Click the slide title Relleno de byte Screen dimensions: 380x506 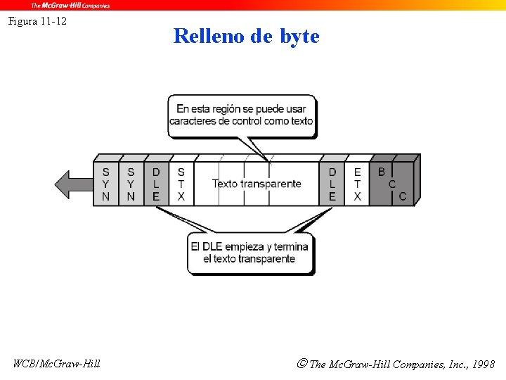click(x=246, y=36)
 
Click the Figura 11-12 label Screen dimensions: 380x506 click(x=37, y=21)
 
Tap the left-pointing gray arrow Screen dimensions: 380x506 click(x=73, y=184)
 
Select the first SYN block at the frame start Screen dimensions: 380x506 click(x=105, y=184)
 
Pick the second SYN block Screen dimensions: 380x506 click(x=131, y=184)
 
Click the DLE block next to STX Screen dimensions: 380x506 click(x=156, y=184)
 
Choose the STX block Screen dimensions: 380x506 click(x=181, y=184)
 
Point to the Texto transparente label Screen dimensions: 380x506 click(x=257, y=184)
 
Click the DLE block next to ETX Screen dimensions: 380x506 click(x=332, y=184)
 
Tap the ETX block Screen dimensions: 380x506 click(x=357, y=184)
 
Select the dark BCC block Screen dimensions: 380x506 click(x=392, y=184)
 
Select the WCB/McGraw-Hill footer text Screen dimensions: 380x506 click(x=57, y=364)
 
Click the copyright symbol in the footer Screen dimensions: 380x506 click(x=301, y=364)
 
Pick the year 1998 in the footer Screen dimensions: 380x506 click(x=484, y=365)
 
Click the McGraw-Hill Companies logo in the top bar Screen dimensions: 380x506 click(x=70, y=5)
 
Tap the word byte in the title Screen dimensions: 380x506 click(x=299, y=36)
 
